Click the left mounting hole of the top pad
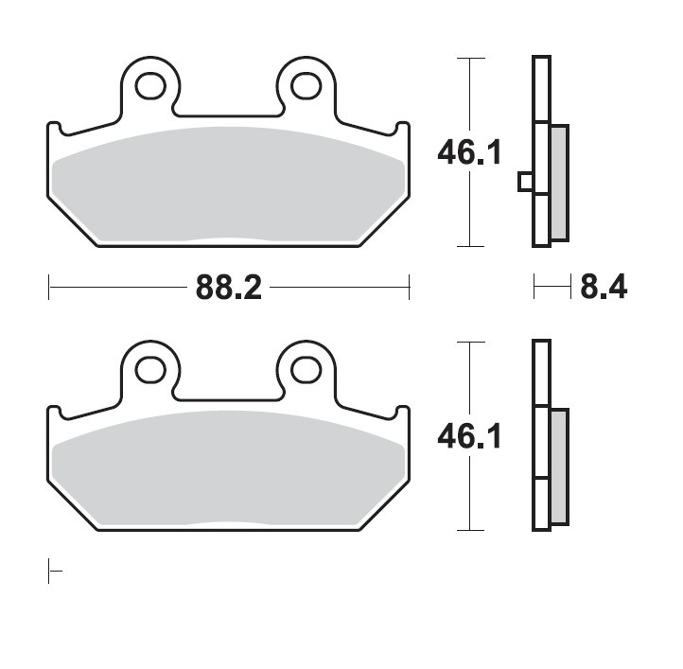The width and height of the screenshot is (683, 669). [150, 86]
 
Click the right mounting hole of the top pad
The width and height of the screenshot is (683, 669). [306, 86]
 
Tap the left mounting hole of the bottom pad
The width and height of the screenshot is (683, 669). [150, 370]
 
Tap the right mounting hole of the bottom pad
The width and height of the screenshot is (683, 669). [306, 370]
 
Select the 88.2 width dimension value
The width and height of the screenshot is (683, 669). [229, 288]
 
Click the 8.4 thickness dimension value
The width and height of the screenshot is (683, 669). [604, 287]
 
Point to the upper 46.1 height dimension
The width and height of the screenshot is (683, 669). [469, 152]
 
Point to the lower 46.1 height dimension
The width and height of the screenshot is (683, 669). [469, 436]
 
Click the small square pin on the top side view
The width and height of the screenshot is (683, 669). [526, 182]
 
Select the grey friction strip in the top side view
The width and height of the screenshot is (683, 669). [560, 183]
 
